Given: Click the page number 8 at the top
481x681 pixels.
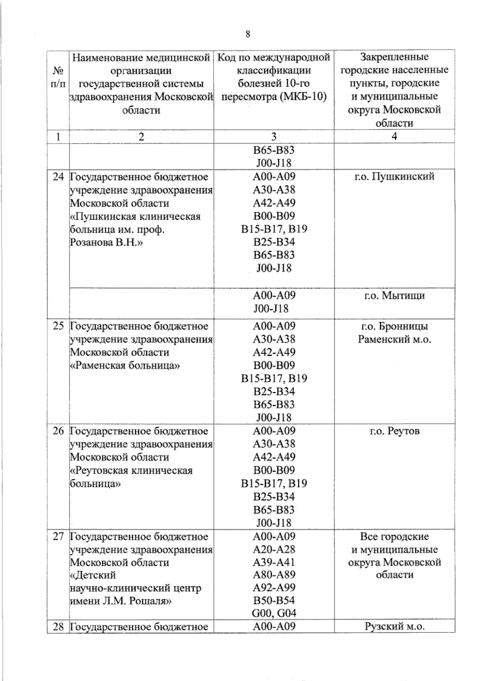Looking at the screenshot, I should (247, 34).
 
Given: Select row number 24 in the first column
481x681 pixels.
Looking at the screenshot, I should (59, 176).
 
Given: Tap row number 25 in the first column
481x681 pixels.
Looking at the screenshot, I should (59, 326).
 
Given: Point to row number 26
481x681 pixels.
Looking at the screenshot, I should (59, 431).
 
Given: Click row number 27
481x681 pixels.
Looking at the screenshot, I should (59, 536).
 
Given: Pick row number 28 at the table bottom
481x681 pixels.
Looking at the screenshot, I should (59, 626).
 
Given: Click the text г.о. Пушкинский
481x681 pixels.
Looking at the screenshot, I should (394, 176).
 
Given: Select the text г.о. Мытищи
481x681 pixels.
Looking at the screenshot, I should (394, 296).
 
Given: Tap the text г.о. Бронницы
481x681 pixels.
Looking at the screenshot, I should (394, 326).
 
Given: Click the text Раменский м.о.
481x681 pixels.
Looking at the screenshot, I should (394, 339).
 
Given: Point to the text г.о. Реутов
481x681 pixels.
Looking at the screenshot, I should (394, 431).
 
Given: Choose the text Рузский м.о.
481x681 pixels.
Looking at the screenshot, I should (394, 626).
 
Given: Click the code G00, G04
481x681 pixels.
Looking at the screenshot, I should (274, 613).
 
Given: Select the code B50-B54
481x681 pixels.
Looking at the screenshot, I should (274, 600).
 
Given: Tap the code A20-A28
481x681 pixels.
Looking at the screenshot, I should (274, 549).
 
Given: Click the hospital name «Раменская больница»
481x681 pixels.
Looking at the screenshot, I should (125, 365).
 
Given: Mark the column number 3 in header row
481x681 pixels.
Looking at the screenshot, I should (274, 136).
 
